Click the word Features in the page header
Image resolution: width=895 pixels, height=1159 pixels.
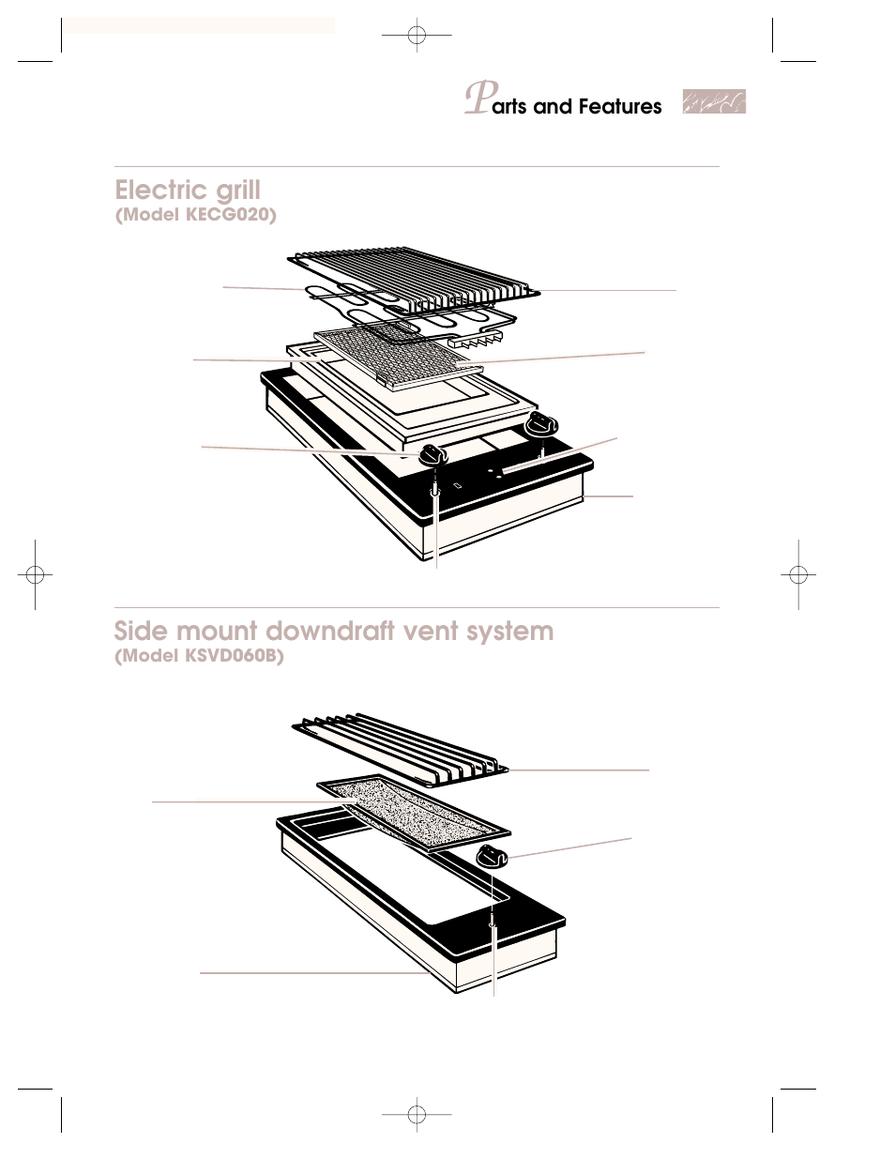pyautogui.click(x=620, y=107)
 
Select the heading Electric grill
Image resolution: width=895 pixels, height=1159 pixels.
pyautogui.click(x=188, y=191)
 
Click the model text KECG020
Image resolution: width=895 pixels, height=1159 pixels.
pyautogui.click(x=229, y=215)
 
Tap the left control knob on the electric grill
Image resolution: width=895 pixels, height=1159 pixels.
pyautogui.click(x=432, y=454)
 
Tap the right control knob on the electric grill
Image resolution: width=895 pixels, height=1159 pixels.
pyautogui.click(x=539, y=425)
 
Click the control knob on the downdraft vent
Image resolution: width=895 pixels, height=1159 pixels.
pyautogui.click(x=493, y=855)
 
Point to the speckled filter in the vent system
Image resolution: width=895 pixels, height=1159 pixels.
pyautogui.click(x=413, y=809)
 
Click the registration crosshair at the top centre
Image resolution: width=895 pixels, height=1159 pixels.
pyautogui.click(x=417, y=36)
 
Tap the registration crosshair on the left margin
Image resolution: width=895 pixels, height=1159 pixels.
pyautogui.click(x=34, y=574)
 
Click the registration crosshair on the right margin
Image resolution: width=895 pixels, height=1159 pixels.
pyautogui.click(x=797, y=574)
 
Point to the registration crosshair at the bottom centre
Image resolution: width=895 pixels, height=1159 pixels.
pyautogui.click(x=417, y=1114)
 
